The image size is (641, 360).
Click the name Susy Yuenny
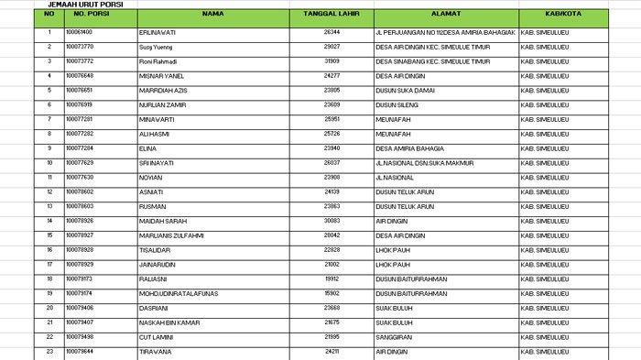click(155, 47)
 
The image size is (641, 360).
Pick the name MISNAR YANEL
click(157, 76)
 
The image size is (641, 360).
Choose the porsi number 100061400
click(80, 32)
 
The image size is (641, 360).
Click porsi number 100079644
click(80, 352)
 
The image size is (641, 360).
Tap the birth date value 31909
click(332, 61)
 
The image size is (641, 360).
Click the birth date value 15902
click(332, 293)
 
